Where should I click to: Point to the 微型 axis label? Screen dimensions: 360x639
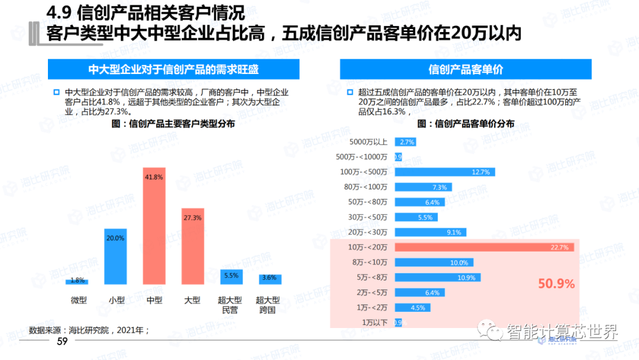(78, 300)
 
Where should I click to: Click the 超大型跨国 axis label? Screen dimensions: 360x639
(267, 304)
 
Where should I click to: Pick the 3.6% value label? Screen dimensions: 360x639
(269, 277)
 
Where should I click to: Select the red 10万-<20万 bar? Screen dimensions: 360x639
(485, 247)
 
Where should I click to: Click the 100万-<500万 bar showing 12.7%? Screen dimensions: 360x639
(444, 172)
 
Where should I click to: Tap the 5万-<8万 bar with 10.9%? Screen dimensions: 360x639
(437, 277)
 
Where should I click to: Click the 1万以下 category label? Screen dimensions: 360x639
(375, 322)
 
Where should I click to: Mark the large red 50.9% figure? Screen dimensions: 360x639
(556, 284)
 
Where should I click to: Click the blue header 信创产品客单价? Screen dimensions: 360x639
(466, 69)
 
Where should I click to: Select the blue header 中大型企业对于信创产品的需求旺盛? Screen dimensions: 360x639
(173, 69)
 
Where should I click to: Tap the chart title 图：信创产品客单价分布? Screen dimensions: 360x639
(465, 124)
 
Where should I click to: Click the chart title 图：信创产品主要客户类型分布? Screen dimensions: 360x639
(173, 124)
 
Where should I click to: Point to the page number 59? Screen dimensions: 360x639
(62, 342)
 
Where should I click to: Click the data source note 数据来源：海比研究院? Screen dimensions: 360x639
(89, 329)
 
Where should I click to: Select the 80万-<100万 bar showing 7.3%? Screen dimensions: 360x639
(423, 187)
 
